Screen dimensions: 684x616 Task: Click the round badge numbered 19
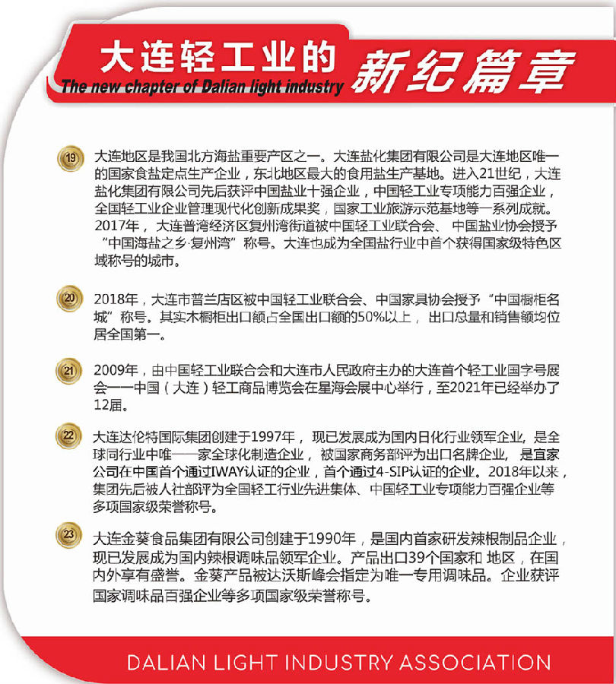coord(71,159)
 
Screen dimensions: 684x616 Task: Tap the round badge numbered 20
coord(71,299)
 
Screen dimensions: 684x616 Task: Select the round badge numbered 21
coord(71,372)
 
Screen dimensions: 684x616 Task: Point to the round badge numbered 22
coord(71,436)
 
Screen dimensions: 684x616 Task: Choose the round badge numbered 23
coord(71,536)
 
